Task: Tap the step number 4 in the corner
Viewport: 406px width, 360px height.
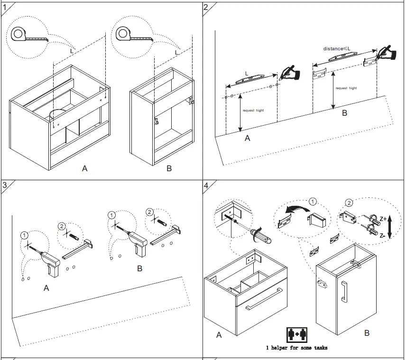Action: coord(206,185)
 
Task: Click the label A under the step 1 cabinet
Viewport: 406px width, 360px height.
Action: coord(84,168)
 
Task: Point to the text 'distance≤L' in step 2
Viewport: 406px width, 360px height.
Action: coord(336,48)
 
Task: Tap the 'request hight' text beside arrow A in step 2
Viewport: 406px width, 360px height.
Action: coord(253,110)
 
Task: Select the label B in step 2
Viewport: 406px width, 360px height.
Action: coord(345,113)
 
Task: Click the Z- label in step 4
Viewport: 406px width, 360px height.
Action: coord(383,236)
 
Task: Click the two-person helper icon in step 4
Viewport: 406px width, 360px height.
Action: coord(297,335)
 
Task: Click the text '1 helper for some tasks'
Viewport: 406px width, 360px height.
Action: coord(297,348)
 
